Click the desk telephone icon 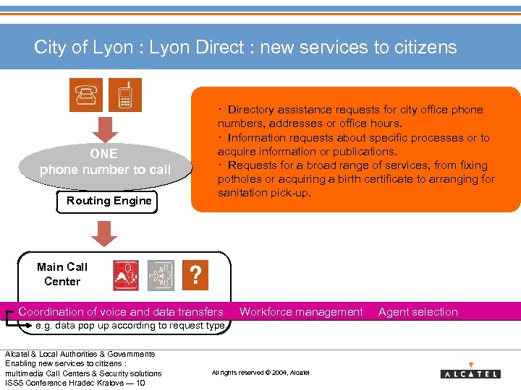[86, 95]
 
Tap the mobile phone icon [125, 95]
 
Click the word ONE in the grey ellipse [103, 153]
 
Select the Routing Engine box [109, 201]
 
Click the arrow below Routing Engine [105, 233]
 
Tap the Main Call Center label [62, 274]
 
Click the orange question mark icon [195, 274]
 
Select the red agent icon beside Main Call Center [126, 275]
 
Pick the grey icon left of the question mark [160, 275]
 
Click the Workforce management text [301, 312]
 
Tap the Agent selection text [418, 312]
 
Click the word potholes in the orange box [242, 179]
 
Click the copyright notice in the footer [260, 373]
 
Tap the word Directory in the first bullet [254, 110]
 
